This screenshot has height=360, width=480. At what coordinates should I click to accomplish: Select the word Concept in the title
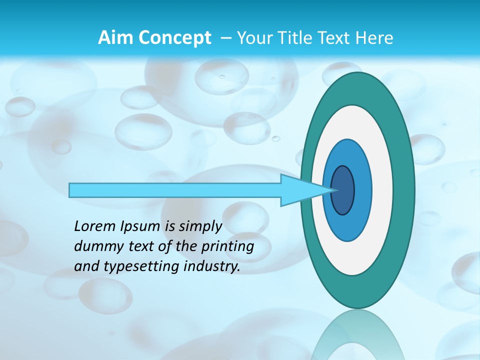[174, 38]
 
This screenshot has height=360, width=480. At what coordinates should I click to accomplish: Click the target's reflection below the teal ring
[357, 335]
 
